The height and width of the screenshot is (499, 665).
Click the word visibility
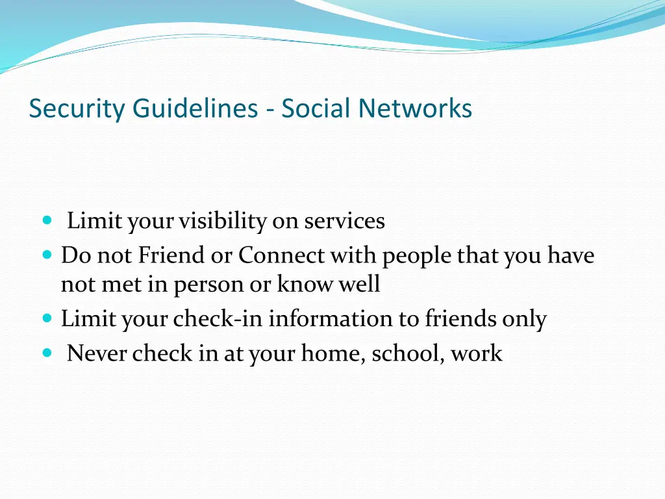223,222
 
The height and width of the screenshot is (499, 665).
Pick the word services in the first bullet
345,222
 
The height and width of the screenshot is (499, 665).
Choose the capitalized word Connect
281,256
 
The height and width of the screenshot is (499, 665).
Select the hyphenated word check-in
219,319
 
